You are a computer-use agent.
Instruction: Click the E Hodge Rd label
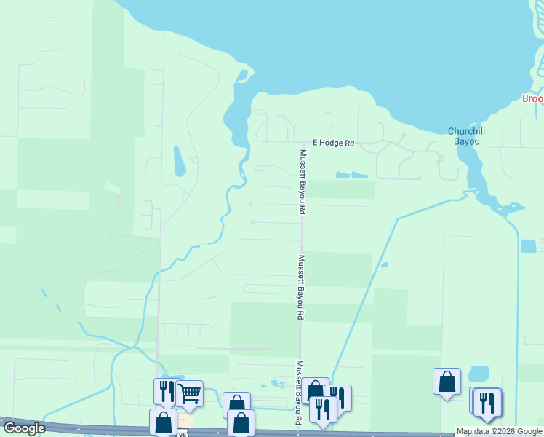tap(333, 143)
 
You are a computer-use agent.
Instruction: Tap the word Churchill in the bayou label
tap(466, 131)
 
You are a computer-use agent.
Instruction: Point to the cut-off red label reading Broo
tap(533, 99)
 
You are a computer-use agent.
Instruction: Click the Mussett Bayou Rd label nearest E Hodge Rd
tap(303, 181)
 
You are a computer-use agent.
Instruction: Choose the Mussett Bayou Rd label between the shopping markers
tap(297, 393)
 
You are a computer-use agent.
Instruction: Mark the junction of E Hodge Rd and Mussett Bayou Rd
tap(303, 143)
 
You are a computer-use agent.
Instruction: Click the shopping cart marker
tap(189, 394)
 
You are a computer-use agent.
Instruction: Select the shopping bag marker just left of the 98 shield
tap(163, 421)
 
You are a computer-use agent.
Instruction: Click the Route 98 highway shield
tap(182, 433)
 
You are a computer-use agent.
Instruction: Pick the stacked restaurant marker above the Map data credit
tap(487, 403)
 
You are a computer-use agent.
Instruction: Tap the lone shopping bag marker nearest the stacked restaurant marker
tap(447, 381)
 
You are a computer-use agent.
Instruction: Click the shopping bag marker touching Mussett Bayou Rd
tap(315, 389)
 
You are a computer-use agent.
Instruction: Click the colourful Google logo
tap(24, 428)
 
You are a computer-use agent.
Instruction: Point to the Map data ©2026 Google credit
tap(499, 432)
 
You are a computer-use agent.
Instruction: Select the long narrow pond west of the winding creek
tap(179, 161)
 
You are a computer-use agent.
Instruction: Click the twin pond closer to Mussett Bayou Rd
tap(343, 175)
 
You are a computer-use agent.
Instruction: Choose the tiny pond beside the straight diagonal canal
tap(384, 264)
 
